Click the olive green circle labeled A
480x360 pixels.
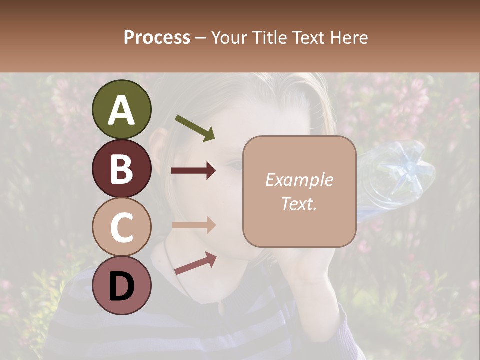[121, 109]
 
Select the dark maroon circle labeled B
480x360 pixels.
[121, 168]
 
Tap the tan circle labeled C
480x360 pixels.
[121, 227]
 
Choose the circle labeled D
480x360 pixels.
[121, 285]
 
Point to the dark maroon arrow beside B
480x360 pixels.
[193, 171]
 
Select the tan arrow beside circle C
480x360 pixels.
[193, 224]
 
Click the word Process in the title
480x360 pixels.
[157, 37]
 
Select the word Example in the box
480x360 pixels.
[299, 180]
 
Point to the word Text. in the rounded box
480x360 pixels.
[299, 203]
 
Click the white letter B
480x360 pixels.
[121, 168]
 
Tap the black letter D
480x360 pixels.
[121, 285]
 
